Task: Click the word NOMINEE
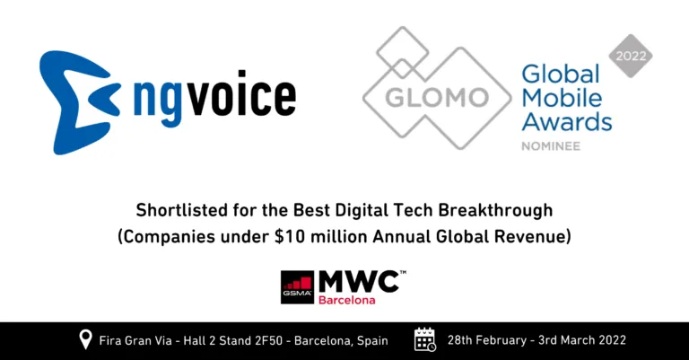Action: coord(550,144)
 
